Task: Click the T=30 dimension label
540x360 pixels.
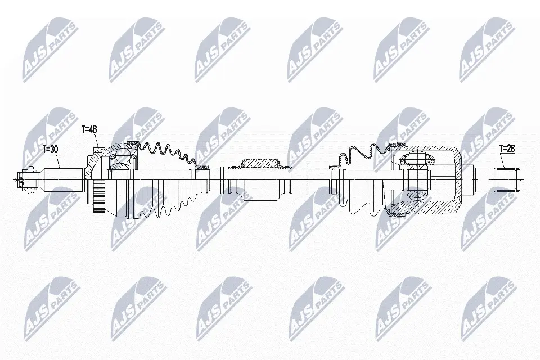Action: coord(50,149)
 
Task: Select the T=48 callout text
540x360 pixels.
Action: coord(89,129)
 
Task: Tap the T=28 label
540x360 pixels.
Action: coord(507,148)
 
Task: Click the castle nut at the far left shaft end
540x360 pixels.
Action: coord(26,179)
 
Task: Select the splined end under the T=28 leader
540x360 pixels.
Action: coord(507,179)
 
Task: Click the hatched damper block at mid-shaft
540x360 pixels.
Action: coord(260,164)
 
